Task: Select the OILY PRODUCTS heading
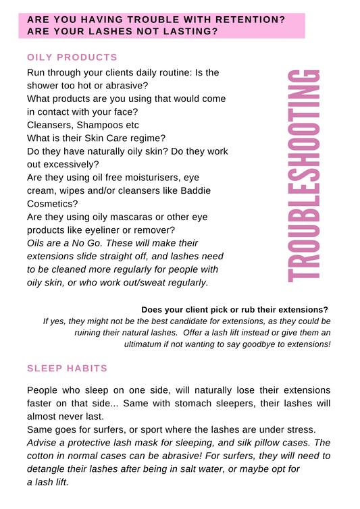(72, 57)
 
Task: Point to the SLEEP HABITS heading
(67, 368)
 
